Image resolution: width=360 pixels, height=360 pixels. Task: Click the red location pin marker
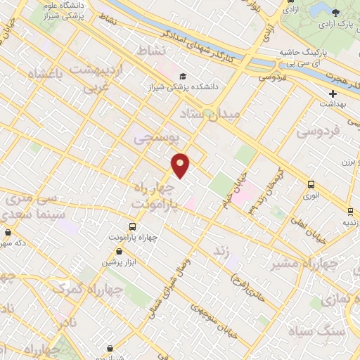pyautogui.click(x=181, y=165)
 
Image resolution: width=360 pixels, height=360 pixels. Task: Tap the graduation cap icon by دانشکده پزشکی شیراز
pyautogui.click(x=183, y=77)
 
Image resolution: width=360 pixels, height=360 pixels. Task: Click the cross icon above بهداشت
pyautogui.click(x=333, y=93)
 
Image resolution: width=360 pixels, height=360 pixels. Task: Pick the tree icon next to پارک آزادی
pyautogui.click(x=335, y=13)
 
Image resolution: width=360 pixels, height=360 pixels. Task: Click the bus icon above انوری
pyautogui.click(x=311, y=184)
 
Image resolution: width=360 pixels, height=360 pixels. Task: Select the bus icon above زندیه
pyautogui.click(x=349, y=210)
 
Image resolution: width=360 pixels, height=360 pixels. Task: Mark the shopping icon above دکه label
pyautogui.click(x=8, y=233)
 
